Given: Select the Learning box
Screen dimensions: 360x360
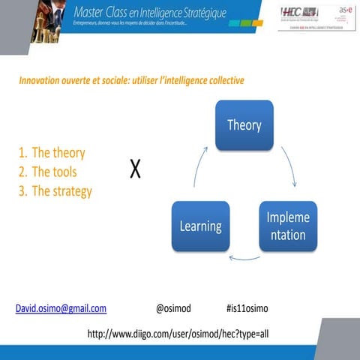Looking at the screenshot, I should pyautogui.click(x=199, y=226).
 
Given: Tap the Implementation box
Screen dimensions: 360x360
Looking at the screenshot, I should pyautogui.click(x=287, y=226).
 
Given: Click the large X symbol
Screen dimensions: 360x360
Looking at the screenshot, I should pyautogui.click(x=135, y=170).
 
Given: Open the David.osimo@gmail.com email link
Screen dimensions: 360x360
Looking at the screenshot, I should pyautogui.click(x=61, y=308).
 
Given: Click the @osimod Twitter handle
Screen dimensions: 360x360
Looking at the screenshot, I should pyautogui.click(x=173, y=308).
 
